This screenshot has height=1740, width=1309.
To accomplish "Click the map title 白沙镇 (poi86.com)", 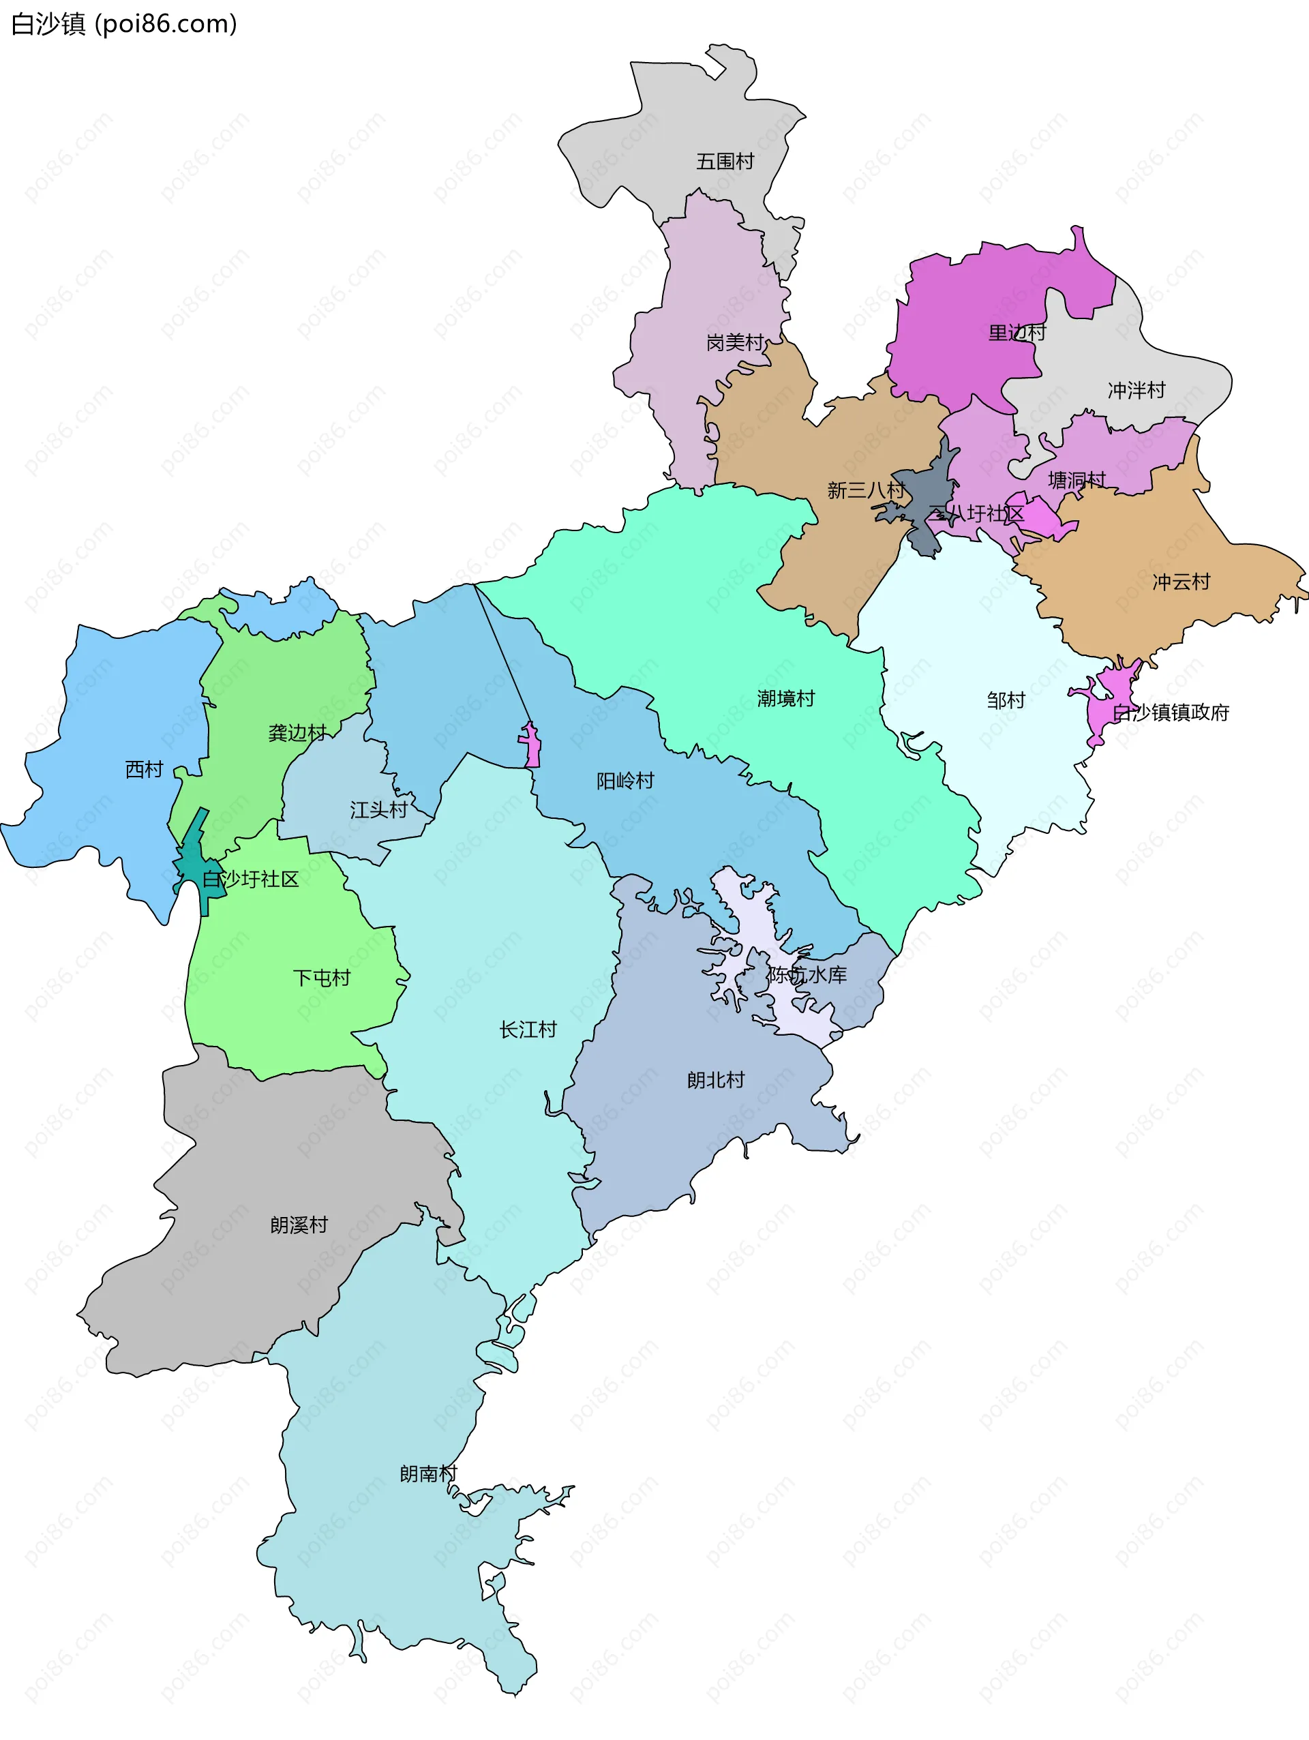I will (x=123, y=25).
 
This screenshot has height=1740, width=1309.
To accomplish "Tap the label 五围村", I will (x=725, y=162).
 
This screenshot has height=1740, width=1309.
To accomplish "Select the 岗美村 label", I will (x=735, y=342).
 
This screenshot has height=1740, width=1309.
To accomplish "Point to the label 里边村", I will (x=1017, y=333).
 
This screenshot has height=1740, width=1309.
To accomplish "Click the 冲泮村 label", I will (x=1136, y=390).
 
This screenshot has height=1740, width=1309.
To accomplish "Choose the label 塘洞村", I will (x=1076, y=480).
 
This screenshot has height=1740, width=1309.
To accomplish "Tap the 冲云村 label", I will (x=1181, y=582).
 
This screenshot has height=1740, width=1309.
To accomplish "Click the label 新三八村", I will (x=864, y=490).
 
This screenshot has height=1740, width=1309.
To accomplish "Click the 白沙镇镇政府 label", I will (x=1171, y=712).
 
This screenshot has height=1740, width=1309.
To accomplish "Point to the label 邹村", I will (x=1006, y=700).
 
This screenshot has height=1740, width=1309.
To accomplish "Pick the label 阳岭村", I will (x=625, y=781).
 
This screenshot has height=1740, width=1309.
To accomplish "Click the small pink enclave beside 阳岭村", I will (x=532, y=747).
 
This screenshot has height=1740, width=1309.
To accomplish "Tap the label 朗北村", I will (x=715, y=1080).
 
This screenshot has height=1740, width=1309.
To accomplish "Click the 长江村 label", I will (x=527, y=1029).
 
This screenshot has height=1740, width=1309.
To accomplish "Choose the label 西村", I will (x=144, y=769).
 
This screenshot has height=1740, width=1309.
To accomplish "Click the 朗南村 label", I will (x=427, y=1473).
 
